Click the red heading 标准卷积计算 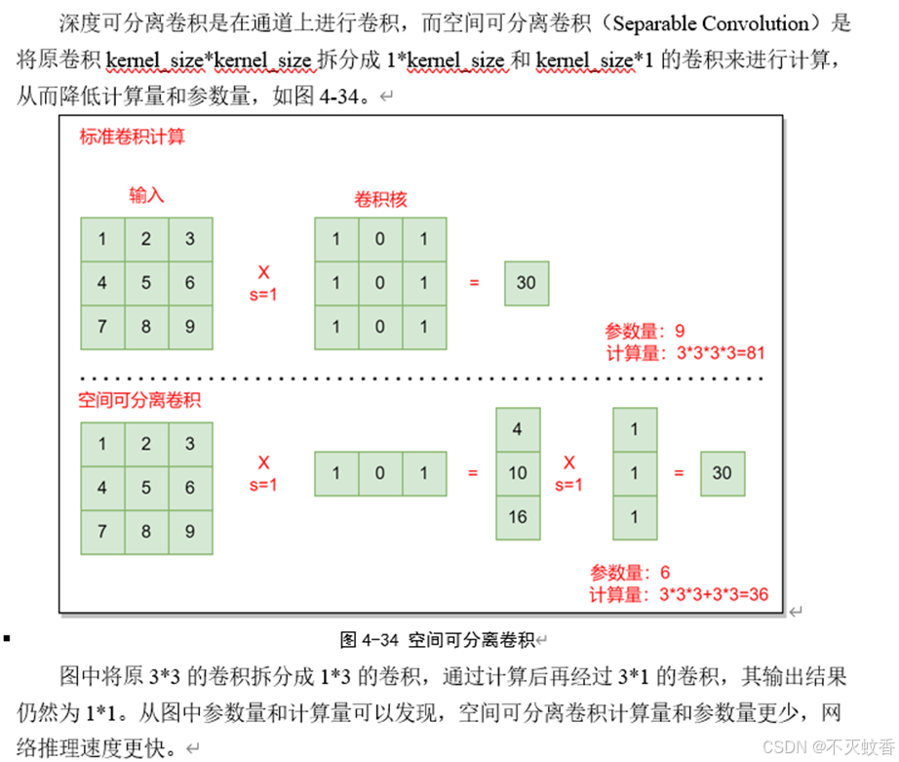point(133,137)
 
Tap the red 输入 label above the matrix point(146,195)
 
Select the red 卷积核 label point(379,199)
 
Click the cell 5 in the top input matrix point(146,284)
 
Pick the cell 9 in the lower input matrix point(190,532)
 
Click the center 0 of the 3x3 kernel point(380,284)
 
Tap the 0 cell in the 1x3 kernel point(380,473)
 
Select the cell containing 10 point(518,473)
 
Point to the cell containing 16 point(518,517)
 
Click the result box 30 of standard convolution point(527,284)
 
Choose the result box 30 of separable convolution point(722,473)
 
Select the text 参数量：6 point(630,573)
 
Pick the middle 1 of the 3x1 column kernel point(635,473)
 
